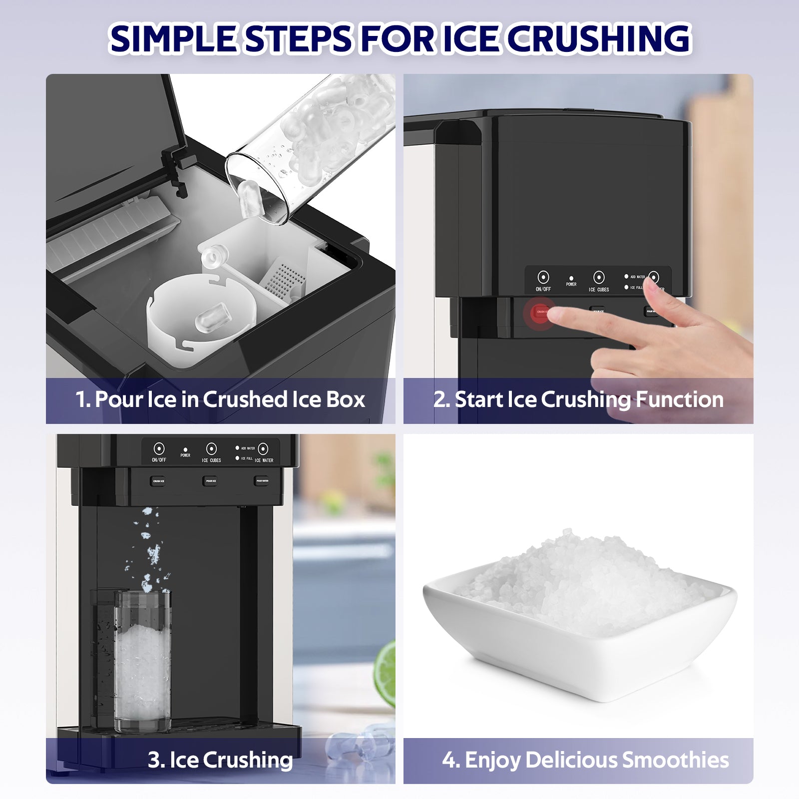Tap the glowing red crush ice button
540,313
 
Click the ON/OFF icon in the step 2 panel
543,278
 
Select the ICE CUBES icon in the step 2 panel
598,278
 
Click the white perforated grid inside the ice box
284,279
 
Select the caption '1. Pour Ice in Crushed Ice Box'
220,399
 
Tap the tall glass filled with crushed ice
142,659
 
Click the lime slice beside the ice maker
386,674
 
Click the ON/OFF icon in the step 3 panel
159,448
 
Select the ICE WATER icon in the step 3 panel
263,448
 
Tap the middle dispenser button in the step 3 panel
210,481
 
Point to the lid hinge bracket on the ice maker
175,167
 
